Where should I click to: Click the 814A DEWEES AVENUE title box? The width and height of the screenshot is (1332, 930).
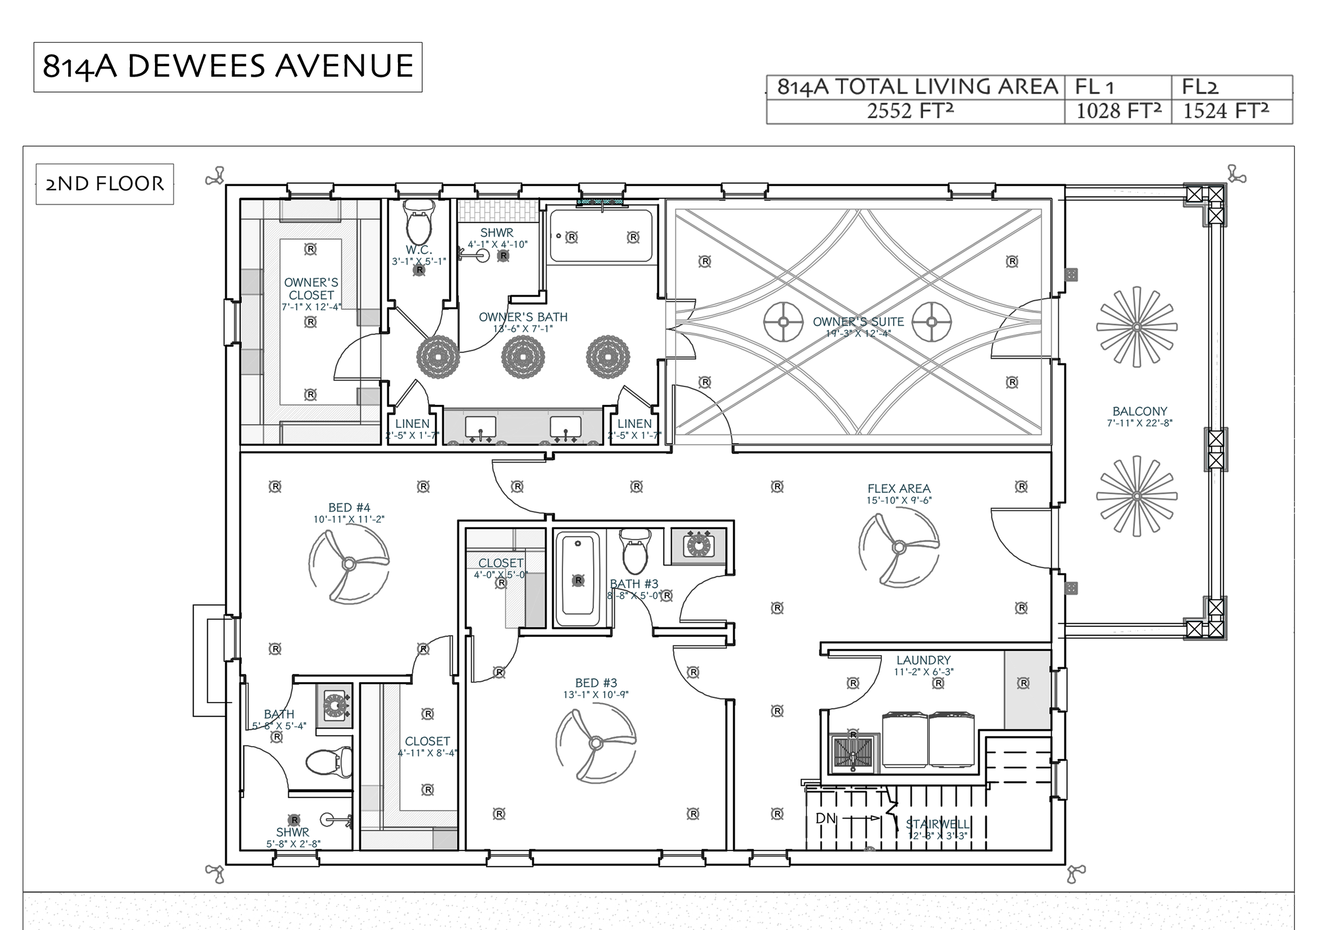[x=228, y=67]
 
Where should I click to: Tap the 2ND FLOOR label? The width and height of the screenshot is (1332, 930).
[x=104, y=184]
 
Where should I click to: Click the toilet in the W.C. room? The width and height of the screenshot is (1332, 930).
[x=419, y=224]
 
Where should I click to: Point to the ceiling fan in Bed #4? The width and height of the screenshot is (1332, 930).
[x=348, y=563]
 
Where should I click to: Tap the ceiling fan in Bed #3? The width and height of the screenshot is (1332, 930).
[x=596, y=743]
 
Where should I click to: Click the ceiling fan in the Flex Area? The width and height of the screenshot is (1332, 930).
[x=899, y=546]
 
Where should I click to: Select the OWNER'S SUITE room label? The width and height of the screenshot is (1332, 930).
[x=858, y=322]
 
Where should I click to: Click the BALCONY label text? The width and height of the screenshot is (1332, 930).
[x=1140, y=411]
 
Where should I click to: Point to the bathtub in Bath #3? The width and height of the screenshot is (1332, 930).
[x=577, y=581]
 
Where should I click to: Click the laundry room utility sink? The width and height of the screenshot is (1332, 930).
[x=853, y=753]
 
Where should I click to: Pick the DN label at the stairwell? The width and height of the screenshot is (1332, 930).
[x=825, y=819]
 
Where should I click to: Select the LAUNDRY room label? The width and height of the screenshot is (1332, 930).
[x=923, y=660]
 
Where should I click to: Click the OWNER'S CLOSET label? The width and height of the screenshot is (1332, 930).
[x=311, y=289]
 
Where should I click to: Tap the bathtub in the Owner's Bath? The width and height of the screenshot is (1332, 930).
[x=601, y=236]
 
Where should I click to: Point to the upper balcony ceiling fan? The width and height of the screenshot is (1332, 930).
[x=1136, y=327]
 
